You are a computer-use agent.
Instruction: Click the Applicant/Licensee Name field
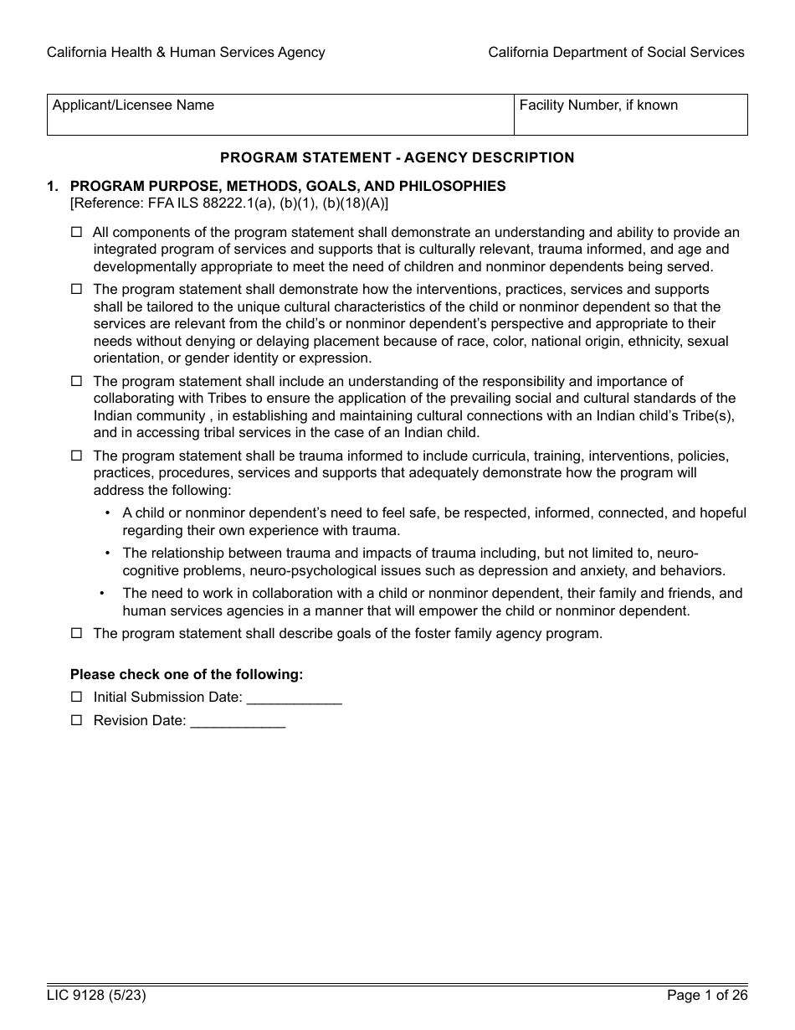(x=280, y=116)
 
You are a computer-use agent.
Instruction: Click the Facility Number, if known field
(x=630, y=116)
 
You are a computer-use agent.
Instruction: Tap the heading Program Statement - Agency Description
(x=397, y=157)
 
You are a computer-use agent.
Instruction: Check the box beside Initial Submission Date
(x=77, y=697)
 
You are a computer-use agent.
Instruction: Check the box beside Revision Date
(x=77, y=720)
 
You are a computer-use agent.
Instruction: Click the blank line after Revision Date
(x=238, y=722)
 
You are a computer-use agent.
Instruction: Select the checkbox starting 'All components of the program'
(x=77, y=232)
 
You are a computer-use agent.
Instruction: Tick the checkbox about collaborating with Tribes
(x=77, y=381)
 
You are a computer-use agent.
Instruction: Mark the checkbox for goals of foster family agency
(x=77, y=633)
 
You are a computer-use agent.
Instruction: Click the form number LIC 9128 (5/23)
(x=90, y=996)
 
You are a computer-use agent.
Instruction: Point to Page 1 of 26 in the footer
(x=706, y=996)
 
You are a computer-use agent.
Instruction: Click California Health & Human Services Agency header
(x=186, y=52)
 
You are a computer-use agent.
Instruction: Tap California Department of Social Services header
(x=616, y=52)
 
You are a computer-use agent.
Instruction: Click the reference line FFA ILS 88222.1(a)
(x=229, y=203)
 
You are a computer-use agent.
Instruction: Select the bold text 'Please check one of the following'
(x=187, y=674)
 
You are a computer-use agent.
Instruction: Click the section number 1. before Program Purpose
(x=53, y=186)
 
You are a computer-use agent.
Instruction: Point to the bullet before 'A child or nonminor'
(x=107, y=513)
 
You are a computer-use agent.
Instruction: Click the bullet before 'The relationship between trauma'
(x=107, y=553)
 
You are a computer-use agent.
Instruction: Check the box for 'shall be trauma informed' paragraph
(x=77, y=456)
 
